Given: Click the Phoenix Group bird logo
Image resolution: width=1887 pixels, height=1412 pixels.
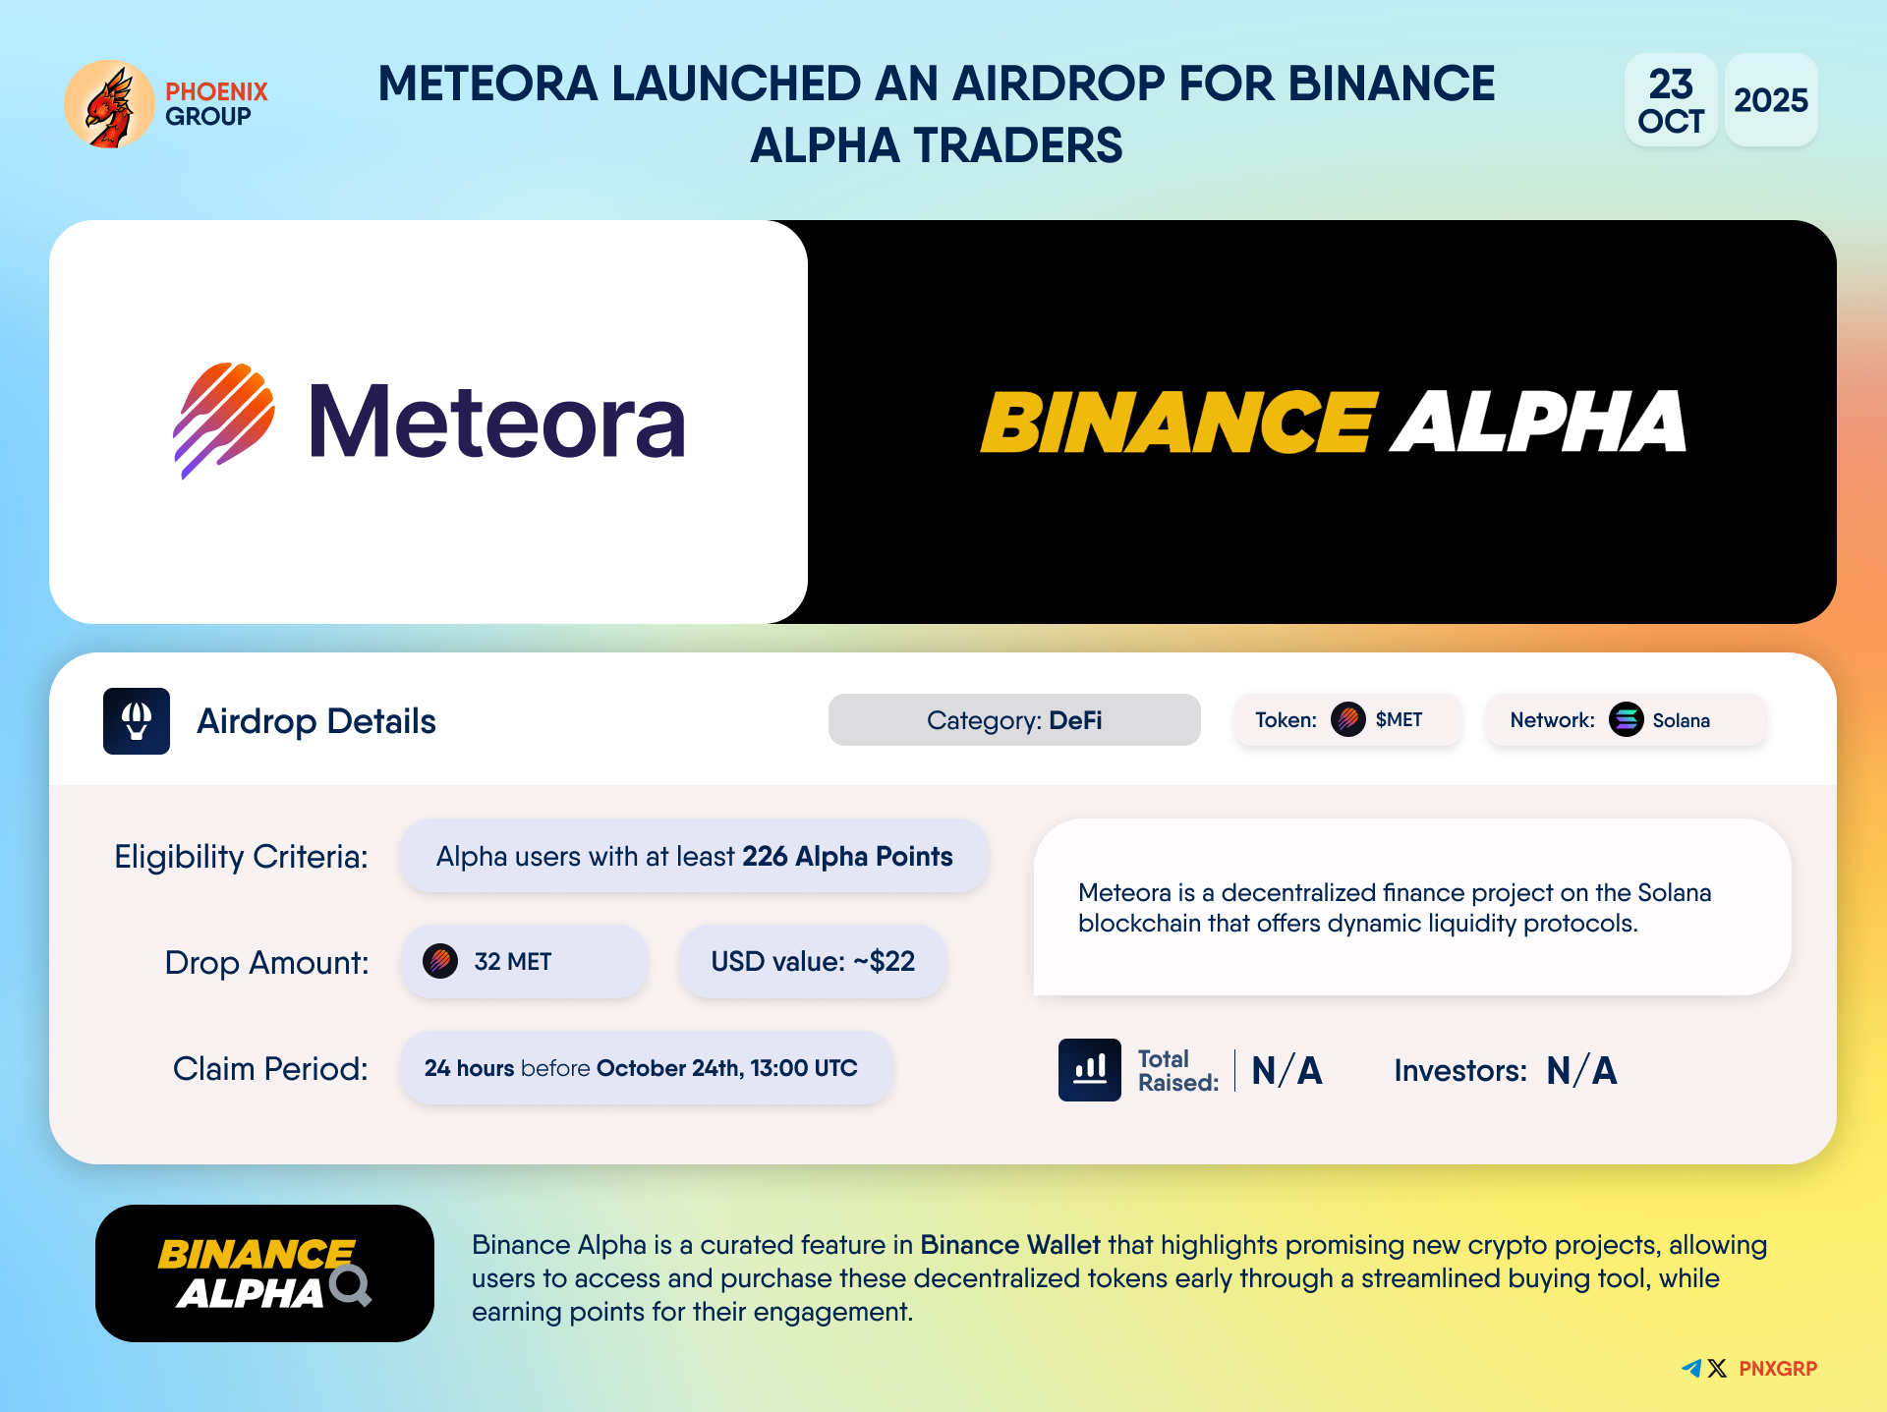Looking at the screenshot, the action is tap(109, 104).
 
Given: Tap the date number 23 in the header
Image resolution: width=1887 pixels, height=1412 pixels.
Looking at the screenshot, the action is tap(1671, 84).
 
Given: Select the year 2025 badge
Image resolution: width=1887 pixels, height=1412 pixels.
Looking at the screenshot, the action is tap(1771, 100).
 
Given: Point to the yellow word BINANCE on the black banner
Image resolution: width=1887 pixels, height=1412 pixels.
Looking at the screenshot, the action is tap(1179, 422).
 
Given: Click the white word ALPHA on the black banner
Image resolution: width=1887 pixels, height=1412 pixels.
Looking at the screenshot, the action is tap(1538, 422).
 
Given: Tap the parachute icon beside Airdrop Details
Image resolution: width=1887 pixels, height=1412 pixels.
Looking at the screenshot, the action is tap(137, 721).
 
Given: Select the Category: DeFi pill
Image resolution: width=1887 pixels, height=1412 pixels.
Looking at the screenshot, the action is tap(1014, 720).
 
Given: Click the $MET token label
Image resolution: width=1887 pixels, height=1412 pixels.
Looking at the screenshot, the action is tap(1399, 720).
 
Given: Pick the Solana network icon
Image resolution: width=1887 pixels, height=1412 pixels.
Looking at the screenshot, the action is tap(1627, 720).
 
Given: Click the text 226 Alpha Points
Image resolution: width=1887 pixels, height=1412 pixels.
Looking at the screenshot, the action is tap(847, 857).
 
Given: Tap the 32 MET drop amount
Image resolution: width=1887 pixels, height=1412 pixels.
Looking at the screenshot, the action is tap(512, 962).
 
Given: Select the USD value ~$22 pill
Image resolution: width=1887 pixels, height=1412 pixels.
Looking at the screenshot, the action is tap(813, 962).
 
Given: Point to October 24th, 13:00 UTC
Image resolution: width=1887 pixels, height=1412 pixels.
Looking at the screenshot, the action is tap(726, 1068).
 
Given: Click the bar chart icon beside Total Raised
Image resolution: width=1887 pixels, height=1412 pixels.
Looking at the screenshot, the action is tap(1090, 1070).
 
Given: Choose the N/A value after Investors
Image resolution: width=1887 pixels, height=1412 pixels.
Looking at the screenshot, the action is tap(1581, 1070).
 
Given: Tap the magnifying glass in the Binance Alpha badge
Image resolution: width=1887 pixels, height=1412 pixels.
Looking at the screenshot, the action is tap(351, 1285).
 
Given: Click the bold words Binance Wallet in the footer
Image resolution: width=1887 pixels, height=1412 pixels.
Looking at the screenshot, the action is tap(1010, 1245).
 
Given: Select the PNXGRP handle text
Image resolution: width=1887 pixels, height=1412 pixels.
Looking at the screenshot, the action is tap(1778, 1369).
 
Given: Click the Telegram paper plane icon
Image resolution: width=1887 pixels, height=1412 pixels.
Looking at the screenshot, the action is tap(1691, 1368).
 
